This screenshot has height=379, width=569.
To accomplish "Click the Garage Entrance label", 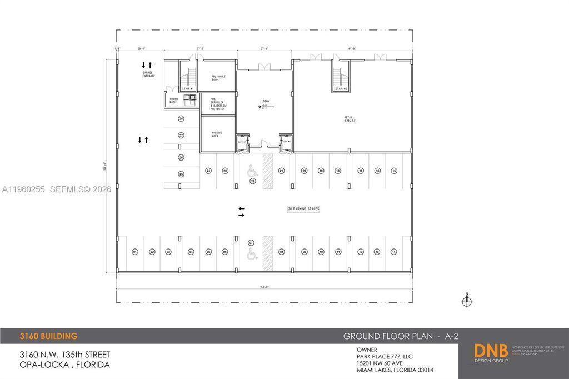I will click(148, 74).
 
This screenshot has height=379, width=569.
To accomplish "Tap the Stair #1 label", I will click(188, 89).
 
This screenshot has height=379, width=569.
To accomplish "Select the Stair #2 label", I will click(341, 89).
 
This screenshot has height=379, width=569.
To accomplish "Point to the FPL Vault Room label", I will click(217, 77).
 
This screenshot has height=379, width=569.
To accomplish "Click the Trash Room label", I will click(172, 101).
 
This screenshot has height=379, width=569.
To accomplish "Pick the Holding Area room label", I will click(217, 134).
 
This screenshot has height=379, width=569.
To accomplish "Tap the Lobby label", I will click(265, 101).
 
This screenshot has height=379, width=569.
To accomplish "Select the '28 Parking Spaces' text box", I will click(303, 209).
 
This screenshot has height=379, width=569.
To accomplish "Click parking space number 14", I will click(393, 252).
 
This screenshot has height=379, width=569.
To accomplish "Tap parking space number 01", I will click(134, 252).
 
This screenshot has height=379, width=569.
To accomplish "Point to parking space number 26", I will click(181, 118).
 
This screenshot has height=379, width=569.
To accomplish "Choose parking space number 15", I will click(394, 171).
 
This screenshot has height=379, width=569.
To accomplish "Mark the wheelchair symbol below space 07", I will click(251, 255).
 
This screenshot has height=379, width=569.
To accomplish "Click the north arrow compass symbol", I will click(467, 301).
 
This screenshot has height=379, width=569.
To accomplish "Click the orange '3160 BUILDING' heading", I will click(48, 336).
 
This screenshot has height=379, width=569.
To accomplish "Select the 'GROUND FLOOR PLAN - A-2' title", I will click(400, 336).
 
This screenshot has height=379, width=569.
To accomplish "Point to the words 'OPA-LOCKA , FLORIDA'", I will click(64, 365).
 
